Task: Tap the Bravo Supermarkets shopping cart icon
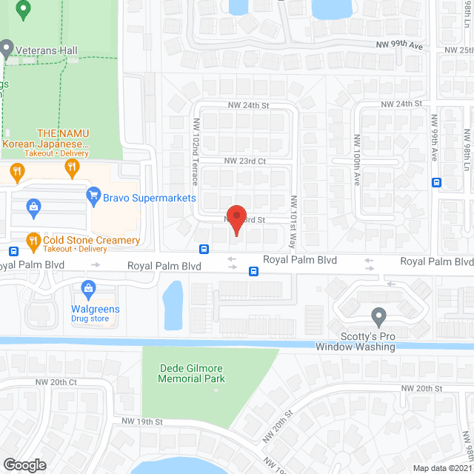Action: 93,196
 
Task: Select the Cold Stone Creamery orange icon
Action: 33,240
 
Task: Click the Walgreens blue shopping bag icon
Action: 88,287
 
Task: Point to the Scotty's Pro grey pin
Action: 378,316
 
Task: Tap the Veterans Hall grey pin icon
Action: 7,50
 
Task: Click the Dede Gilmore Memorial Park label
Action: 192,374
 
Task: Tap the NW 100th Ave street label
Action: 356,159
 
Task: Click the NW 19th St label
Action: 142,421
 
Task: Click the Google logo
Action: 24,464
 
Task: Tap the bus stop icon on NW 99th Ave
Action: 436,182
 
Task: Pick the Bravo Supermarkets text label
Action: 150,198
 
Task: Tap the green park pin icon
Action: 23,10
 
